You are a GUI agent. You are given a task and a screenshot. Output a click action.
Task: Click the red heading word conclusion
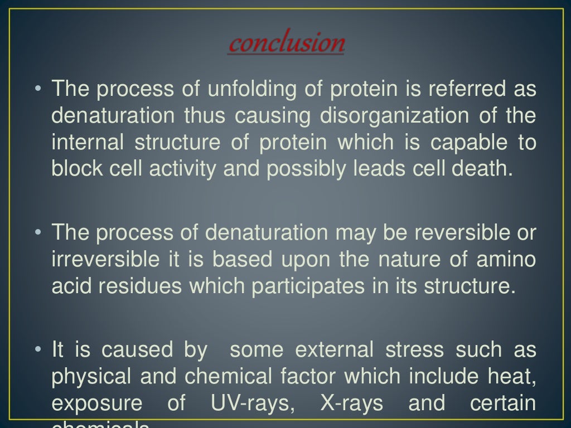pos(286,43)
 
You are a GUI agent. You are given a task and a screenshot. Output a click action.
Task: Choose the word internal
pos(88,142)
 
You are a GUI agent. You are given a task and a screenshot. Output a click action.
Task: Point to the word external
pos(334,350)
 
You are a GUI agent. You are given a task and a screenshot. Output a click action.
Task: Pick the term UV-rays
pos(252,403)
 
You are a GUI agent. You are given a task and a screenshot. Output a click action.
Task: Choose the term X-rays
pos(352,403)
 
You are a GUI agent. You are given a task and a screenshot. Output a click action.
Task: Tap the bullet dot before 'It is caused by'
pos(38,350)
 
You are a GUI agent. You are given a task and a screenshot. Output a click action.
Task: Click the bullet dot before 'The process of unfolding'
pos(38,89)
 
